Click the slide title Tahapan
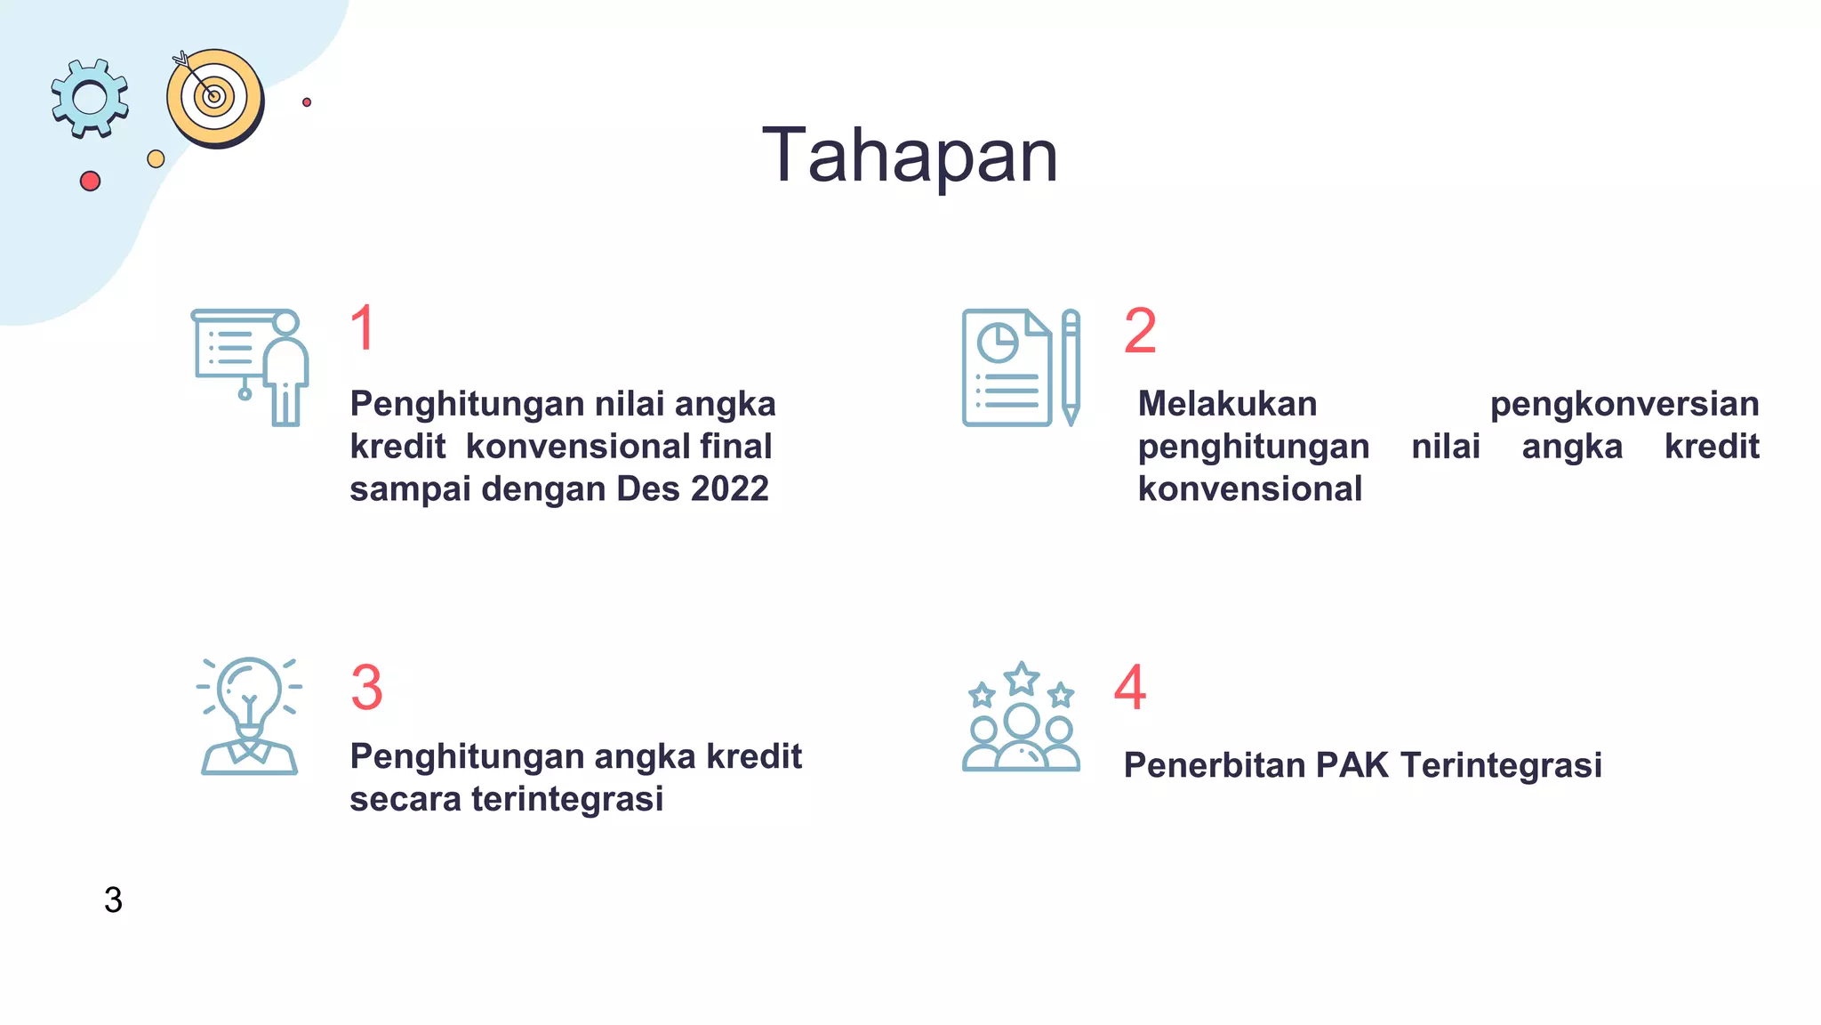tap(910, 156)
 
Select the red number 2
tap(1140, 331)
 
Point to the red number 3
tap(366, 687)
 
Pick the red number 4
tap(1130, 687)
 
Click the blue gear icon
tap(89, 98)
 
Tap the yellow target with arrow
tap(215, 98)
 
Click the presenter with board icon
tap(251, 367)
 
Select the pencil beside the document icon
tap(1071, 367)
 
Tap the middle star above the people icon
tap(1022, 680)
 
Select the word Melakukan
tap(1227, 404)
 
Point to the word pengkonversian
tap(1624, 404)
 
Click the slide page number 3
tap(113, 900)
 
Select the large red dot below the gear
tap(90, 182)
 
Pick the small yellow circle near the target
tap(156, 159)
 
